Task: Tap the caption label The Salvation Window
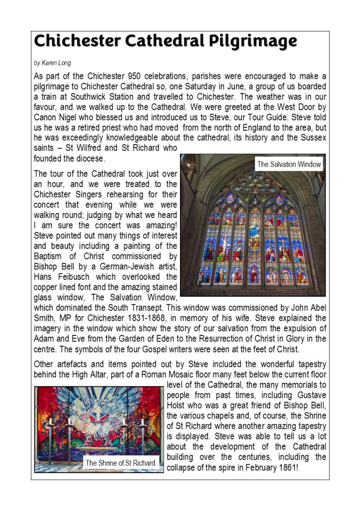point(289,164)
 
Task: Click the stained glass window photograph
point(253,235)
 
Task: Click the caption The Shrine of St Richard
point(120,463)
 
